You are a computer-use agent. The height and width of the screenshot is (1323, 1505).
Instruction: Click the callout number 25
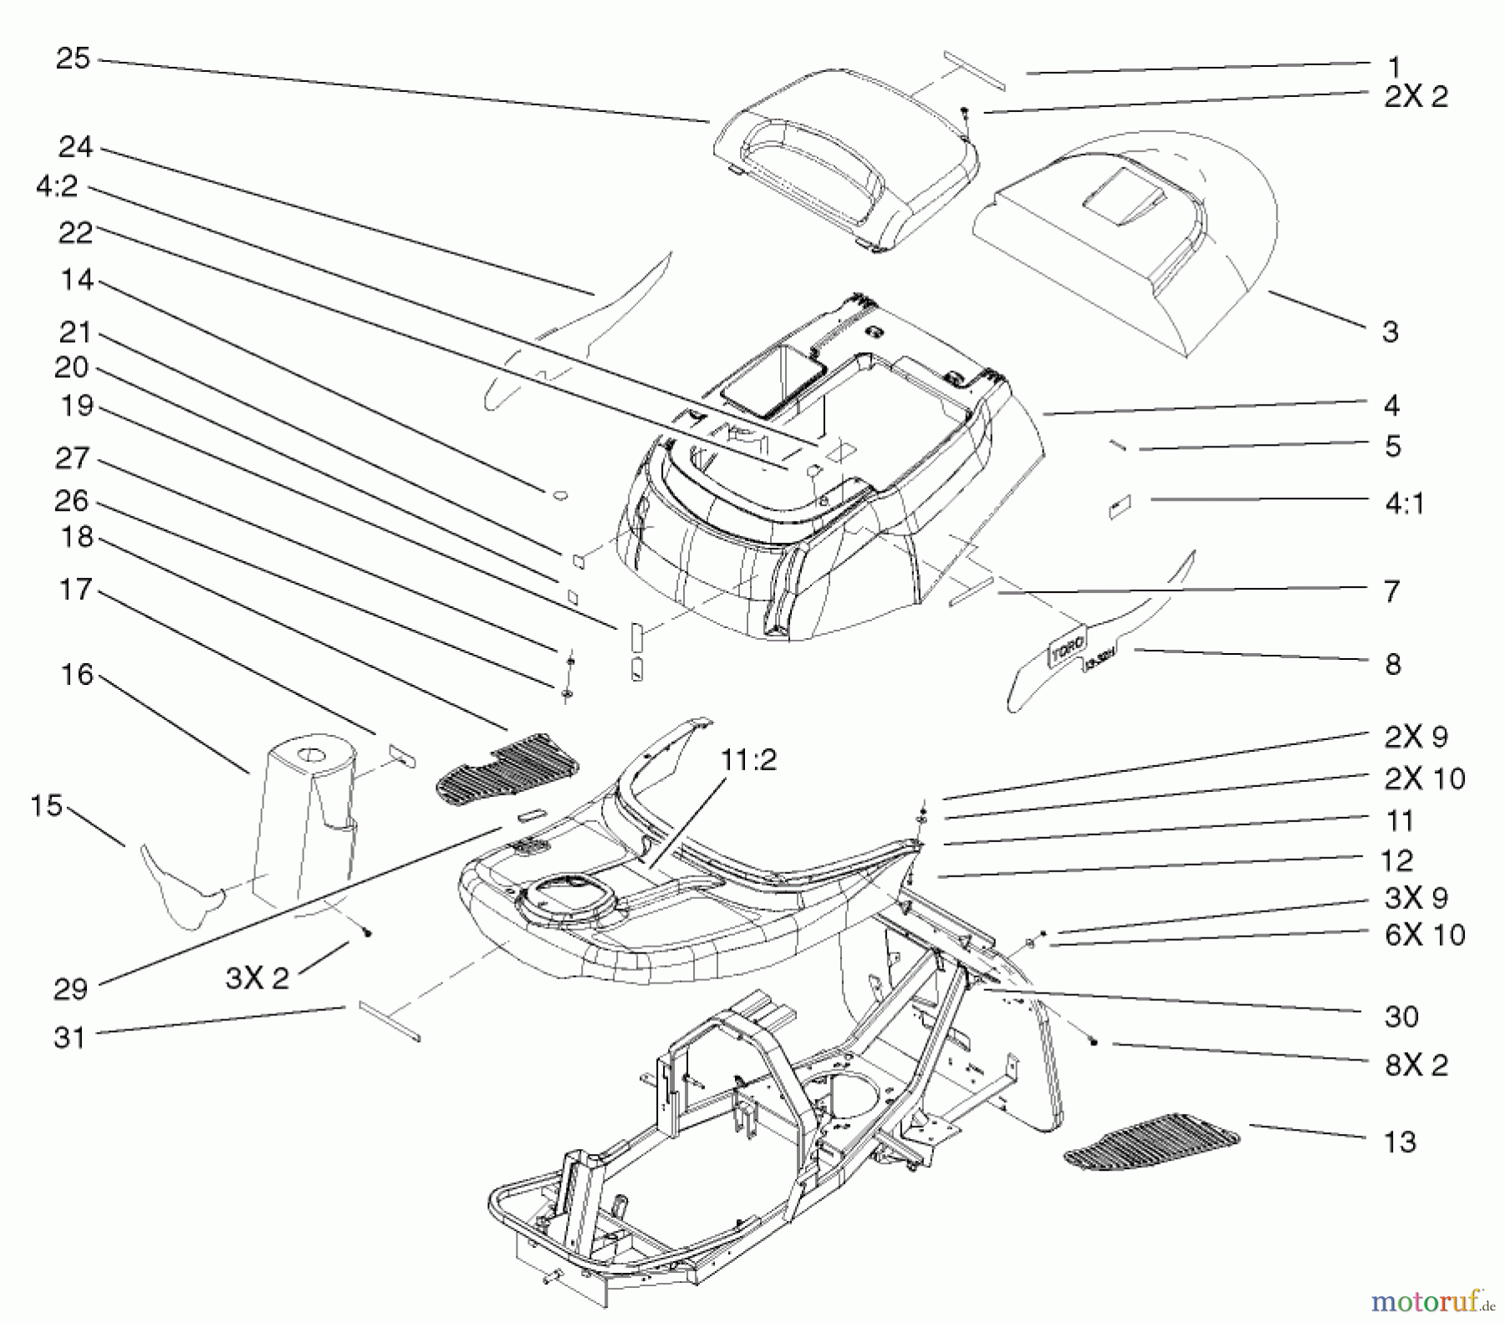[x=73, y=59]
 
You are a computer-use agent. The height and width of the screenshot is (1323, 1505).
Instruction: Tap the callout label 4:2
[x=57, y=186]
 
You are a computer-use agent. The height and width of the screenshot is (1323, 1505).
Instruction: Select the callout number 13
[x=1400, y=1142]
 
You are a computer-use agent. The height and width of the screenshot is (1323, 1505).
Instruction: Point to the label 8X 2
[x=1416, y=1065]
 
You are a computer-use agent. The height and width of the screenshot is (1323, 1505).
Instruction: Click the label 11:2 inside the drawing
[x=747, y=760]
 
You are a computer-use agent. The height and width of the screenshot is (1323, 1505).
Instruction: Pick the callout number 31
[x=69, y=1038]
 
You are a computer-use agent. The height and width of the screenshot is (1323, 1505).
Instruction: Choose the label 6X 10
[x=1425, y=934]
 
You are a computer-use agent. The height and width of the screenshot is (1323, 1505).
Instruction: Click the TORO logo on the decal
[x=1066, y=648]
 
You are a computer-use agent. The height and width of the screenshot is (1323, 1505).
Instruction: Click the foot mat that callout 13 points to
[x=1150, y=1140]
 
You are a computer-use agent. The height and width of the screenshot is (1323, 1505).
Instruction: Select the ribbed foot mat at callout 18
[x=508, y=764]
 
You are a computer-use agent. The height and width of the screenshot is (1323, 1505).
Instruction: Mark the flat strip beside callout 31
[x=390, y=1021]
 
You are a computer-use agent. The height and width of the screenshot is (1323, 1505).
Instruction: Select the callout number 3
[x=1390, y=332]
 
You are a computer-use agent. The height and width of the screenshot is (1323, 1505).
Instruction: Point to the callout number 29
[x=70, y=988]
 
